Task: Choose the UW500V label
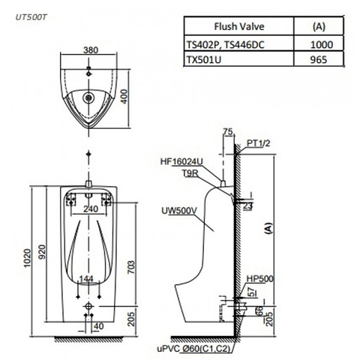pos(176,211)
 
